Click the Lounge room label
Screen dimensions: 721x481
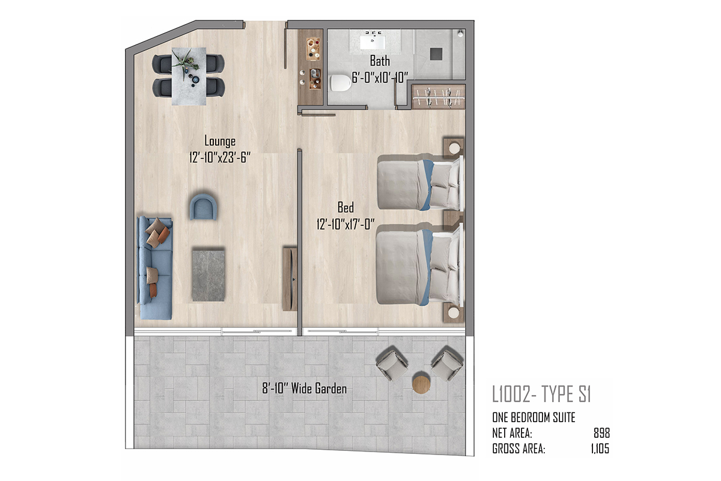tap(220, 141)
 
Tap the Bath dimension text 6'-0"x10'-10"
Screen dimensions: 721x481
tap(380, 78)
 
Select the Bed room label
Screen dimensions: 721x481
tap(345, 207)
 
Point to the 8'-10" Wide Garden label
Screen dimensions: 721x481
tap(305, 388)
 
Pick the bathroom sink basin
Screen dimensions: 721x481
tap(373, 43)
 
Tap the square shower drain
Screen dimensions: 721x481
tap(436, 54)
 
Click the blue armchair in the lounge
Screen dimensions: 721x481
tap(203, 207)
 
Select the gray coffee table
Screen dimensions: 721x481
tap(208, 275)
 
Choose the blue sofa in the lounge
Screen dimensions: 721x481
tap(155, 268)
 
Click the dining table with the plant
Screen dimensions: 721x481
tap(189, 76)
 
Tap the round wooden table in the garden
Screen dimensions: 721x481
tap(421, 382)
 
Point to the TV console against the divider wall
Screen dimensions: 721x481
tap(290, 278)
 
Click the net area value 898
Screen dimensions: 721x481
tap(601, 433)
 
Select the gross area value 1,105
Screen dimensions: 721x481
tap(600, 449)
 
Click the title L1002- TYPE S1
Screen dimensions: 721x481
tap(541, 394)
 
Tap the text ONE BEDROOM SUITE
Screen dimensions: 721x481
tap(534, 417)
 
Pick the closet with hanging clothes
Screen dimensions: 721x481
tap(439, 97)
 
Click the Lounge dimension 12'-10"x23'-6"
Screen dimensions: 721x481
tap(220, 158)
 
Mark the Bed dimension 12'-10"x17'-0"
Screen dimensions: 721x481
tap(345, 224)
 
